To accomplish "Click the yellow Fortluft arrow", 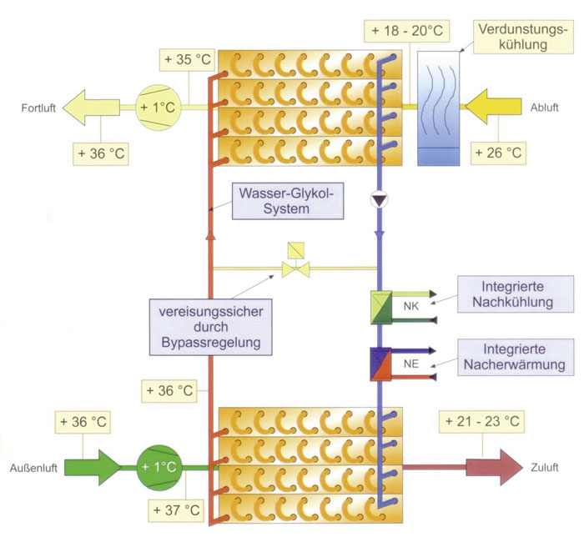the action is coord(91,108).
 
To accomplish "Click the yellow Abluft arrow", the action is coord(494,107).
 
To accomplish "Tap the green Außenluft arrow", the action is coord(93,468).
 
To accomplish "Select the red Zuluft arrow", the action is coord(494,468).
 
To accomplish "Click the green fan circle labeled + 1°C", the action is coord(159,468).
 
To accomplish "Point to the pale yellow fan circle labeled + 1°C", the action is coord(159,108).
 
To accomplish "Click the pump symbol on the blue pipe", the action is coord(380,200).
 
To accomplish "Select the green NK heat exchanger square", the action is coord(381,307).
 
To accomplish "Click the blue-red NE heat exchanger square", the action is coord(380,364).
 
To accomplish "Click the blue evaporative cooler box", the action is coord(438,108).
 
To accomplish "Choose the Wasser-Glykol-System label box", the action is coord(288,201).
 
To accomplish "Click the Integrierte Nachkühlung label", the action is coord(516,294).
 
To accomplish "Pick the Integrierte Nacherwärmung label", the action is coord(516,357).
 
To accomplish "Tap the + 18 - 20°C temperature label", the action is coord(407,31).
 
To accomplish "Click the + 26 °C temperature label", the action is coord(498,153).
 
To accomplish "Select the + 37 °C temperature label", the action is coord(177,509).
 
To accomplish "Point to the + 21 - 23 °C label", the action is coord(482,422).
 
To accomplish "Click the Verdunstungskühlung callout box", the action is coord(523,37).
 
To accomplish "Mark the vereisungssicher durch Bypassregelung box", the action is coord(211,327).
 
